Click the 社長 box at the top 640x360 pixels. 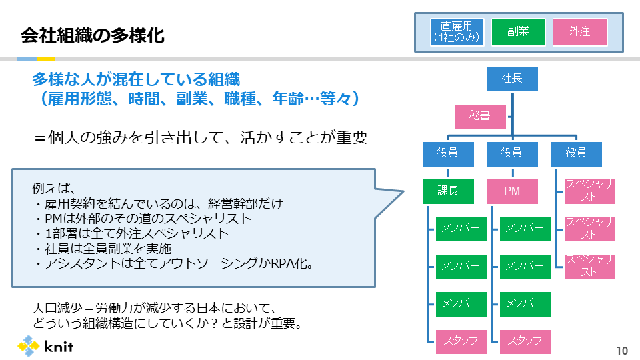coord(511,79)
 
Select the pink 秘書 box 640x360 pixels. coord(479,117)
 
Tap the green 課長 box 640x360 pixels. coord(448,191)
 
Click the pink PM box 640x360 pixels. coord(511,191)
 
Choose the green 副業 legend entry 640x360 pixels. coord(518,32)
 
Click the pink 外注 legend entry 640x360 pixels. coord(579,32)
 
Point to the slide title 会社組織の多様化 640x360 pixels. coord(93,35)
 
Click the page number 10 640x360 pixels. coord(622,351)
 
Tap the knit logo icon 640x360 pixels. coord(29,346)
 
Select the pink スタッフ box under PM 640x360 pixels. coord(525,341)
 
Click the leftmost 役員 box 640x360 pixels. coord(448,154)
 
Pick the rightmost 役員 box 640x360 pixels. coord(576,154)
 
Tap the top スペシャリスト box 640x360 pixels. coord(590,191)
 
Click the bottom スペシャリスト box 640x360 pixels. coord(590,266)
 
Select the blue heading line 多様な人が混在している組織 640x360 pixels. coord(136,80)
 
